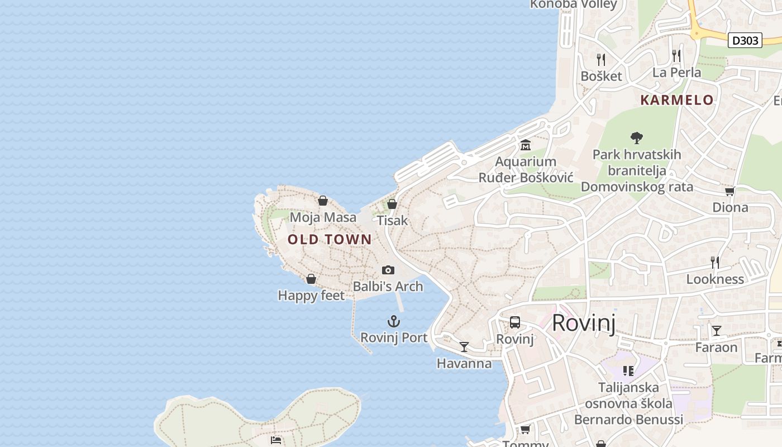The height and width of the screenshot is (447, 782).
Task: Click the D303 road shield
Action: click(x=745, y=40)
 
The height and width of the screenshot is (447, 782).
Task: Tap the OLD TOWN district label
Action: click(x=330, y=240)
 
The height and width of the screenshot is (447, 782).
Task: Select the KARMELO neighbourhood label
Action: click(x=676, y=100)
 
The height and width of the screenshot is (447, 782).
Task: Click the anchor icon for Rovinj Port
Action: click(x=394, y=321)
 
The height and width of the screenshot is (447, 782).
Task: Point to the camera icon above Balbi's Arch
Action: click(x=388, y=270)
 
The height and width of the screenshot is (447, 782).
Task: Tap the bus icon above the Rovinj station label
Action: click(x=515, y=322)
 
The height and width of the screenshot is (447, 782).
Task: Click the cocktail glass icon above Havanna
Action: click(x=464, y=347)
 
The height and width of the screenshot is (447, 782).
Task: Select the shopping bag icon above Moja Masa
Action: click(x=323, y=201)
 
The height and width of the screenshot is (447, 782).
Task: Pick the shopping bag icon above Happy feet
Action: click(x=311, y=279)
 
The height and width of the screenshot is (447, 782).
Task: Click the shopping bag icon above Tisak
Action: click(x=392, y=204)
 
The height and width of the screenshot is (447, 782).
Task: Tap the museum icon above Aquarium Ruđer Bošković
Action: click(x=526, y=146)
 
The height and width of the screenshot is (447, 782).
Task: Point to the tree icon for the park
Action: click(x=636, y=137)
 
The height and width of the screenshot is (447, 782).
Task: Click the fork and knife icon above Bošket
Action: click(x=601, y=59)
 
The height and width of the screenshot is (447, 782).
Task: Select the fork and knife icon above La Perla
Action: click(x=676, y=55)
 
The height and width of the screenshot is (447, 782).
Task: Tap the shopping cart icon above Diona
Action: click(x=729, y=192)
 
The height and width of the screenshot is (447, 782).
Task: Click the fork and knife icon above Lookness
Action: click(x=714, y=262)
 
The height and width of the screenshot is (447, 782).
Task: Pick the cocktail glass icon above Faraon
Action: click(x=716, y=331)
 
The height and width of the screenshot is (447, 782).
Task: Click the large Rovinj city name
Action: click(x=584, y=323)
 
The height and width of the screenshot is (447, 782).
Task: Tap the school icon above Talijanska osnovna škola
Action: click(x=628, y=370)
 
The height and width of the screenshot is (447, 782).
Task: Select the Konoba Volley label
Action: click(x=573, y=4)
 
